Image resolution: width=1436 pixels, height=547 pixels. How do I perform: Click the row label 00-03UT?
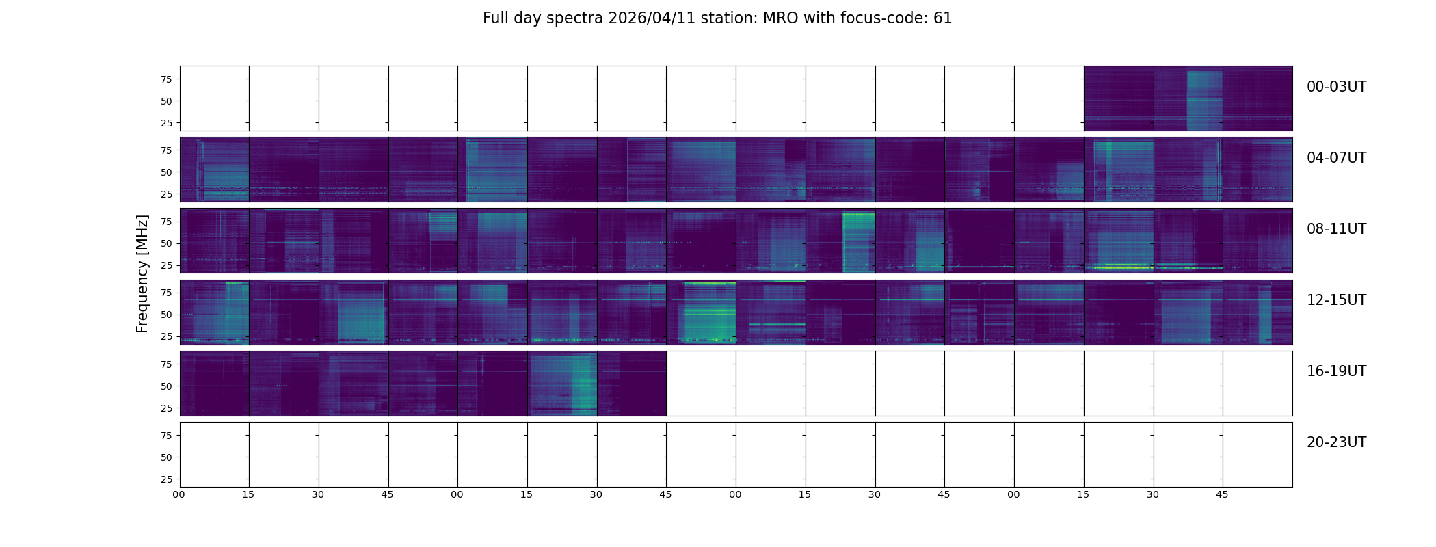coord(1335,87)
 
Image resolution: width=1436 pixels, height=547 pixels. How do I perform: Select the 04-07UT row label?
coord(1335,158)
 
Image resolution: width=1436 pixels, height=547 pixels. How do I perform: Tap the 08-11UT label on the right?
coord(1335,229)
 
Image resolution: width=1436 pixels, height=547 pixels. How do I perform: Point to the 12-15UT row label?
coord(1335,300)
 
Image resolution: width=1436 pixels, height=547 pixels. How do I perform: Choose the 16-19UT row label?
coord(1335,371)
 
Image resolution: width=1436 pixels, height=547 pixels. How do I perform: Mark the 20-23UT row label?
coord(1335,442)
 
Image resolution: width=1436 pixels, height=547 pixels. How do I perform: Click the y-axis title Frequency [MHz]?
coord(142,273)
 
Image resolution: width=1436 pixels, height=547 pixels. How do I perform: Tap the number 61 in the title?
coord(942,18)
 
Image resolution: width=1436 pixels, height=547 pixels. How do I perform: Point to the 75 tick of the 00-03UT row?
coord(165,79)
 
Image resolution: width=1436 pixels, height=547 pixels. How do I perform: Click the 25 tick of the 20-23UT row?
coord(165,479)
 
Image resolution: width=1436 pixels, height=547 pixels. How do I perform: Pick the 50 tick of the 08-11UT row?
coord(165,243)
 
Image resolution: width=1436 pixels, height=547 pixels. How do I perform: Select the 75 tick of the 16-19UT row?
coord(165,364)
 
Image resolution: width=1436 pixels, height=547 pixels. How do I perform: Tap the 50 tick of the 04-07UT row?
coord(165,172)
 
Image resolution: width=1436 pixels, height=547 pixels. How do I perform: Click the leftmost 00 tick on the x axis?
coord(179,494)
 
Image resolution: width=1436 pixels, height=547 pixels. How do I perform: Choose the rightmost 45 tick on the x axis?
coord(1222,494)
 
